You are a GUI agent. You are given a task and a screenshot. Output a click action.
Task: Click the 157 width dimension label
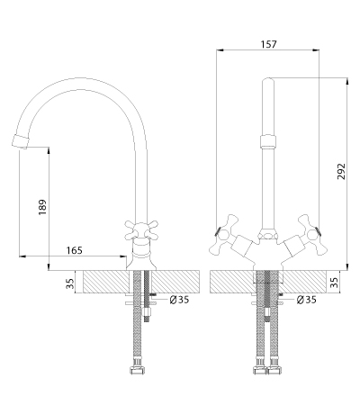[268, 44]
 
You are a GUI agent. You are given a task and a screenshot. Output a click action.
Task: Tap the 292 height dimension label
[341, 171]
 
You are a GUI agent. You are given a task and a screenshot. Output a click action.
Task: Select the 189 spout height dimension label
[42, 207]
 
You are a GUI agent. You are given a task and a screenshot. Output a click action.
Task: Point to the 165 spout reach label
[74, 250]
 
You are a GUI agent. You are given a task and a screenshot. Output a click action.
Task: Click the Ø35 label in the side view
[179, 299]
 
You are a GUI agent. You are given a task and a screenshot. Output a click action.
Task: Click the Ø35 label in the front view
[306, 299]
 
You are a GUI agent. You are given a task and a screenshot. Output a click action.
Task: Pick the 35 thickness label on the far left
[69, 283]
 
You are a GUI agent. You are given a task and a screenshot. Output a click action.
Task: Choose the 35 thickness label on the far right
[334, 283]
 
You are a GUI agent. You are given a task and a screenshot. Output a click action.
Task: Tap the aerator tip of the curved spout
[20, 141]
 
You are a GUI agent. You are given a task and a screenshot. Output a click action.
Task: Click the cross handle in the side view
[141, 229]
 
